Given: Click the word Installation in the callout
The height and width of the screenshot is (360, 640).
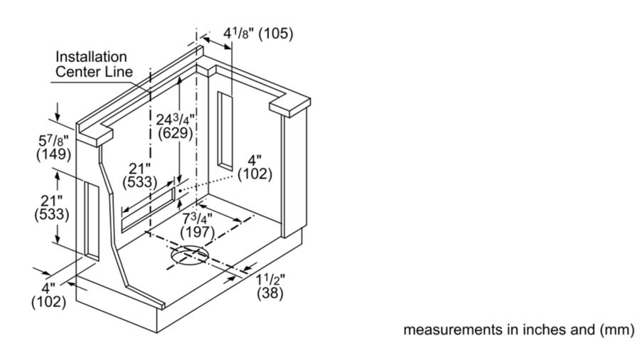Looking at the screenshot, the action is pyautogui.click(x=91, y=57).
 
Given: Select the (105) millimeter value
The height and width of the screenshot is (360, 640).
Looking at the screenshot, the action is pyautogui.click(x=276, y=33).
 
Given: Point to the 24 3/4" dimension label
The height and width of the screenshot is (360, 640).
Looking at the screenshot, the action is pyautogui.click(x=175, y=120).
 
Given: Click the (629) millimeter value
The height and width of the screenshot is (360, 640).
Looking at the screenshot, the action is pyautogui.click(x=175, y=133).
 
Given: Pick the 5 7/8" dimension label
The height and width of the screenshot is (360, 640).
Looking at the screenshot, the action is pyautogui.click(x=53, y=141).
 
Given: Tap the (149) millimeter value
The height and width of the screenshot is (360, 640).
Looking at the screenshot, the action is pyautogui.click(x=53, y=154).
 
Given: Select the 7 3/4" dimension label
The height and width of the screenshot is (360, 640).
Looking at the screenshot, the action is pyautogui.click(x=197, y=218).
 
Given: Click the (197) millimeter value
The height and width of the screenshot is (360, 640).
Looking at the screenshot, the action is pyautogui.click(x=197, y=232).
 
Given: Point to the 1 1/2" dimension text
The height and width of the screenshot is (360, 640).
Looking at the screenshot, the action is pyautogui.click(x=271, y=280).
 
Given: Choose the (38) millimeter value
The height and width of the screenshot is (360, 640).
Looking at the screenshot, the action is pyautogui.click(x=270, y=293).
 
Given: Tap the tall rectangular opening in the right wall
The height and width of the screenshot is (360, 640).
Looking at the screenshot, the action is pyautogui.click(x=225, y=131).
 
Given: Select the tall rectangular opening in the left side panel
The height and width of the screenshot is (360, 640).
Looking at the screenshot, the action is pyautogui.click(x=92, y=221).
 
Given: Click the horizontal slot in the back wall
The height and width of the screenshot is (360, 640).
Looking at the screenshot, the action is pyautogui.click(x=148, y=209).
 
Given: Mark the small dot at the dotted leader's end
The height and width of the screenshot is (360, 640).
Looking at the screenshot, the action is pyautogui.click(x=180, y=190).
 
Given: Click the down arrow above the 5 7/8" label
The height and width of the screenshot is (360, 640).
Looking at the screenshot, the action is pyautogui.click(x=58, y=112).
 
